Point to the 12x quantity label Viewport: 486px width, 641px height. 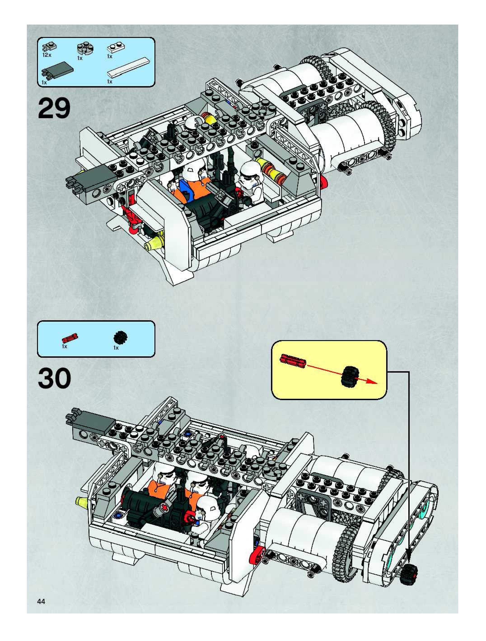point(47,55)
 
